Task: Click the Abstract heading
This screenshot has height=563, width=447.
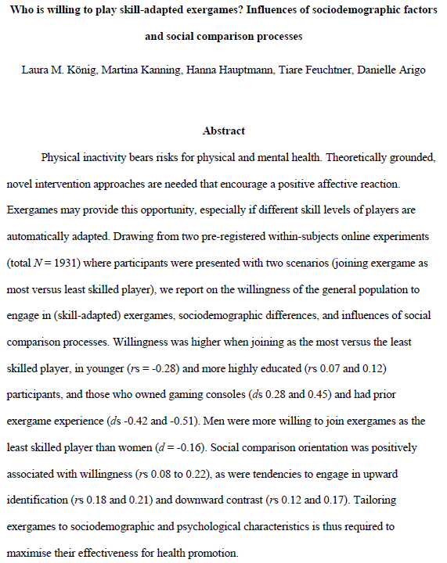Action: pyautogui.click(x=224, y=131)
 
